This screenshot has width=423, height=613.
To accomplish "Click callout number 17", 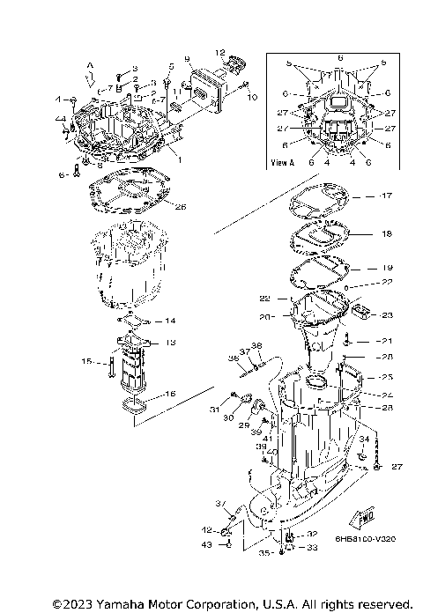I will (386, 196).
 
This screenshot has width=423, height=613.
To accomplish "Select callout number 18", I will (386, 235).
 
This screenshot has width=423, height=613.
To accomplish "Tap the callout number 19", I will (386, 267).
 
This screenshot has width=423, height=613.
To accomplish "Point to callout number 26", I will (181, 208).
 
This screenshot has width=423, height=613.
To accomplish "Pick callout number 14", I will (171, 320).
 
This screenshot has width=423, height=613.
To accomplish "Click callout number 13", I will (171, 342).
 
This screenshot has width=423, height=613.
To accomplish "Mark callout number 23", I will (386, 315).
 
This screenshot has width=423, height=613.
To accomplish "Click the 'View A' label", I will (283, 162).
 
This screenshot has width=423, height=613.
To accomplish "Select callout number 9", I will (188, 59).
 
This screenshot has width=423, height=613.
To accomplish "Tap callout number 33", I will (311, 547).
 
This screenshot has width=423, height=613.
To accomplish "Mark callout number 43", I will (208, 545).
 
